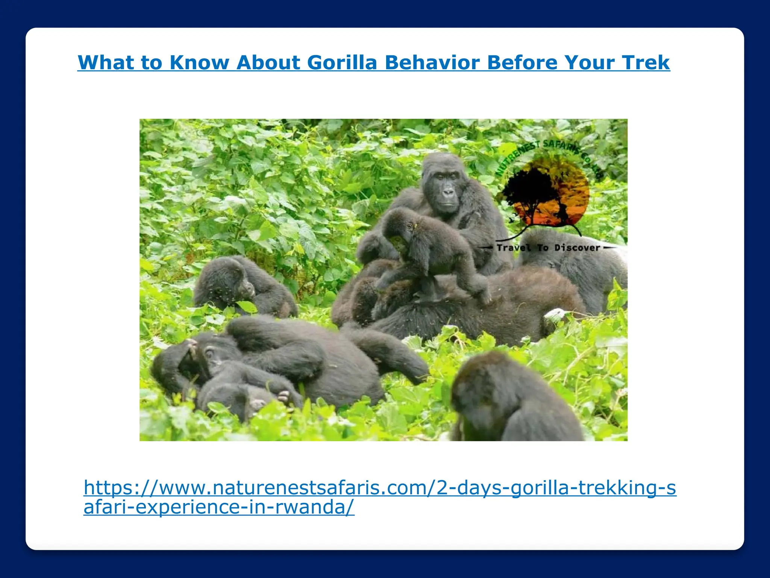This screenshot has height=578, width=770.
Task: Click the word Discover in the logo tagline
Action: pyautogui.click(x=577, y=248)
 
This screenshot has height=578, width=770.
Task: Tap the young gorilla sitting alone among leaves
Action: pyautogui.click(x=241, y=286)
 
